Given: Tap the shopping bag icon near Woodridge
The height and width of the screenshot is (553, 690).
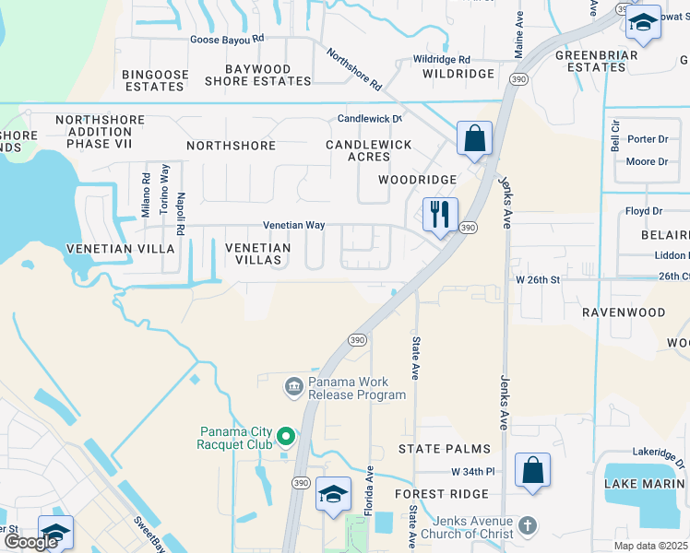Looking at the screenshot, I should [x=473, y=139].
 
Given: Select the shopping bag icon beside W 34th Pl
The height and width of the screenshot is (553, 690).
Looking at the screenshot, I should [x=532, y=470].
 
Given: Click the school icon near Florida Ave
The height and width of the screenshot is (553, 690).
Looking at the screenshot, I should [x=333, y=494].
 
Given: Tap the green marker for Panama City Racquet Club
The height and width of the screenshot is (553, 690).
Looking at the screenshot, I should [x=286, y=435].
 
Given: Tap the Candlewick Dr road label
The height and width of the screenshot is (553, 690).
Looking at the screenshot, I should [x=370, y=119].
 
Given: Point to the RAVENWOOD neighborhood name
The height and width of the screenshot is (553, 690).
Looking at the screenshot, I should [x=624, y=312].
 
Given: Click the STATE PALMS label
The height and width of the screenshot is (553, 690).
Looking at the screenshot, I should [x=445, y=449].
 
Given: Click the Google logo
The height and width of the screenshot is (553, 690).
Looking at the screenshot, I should [x=31, y=542].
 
